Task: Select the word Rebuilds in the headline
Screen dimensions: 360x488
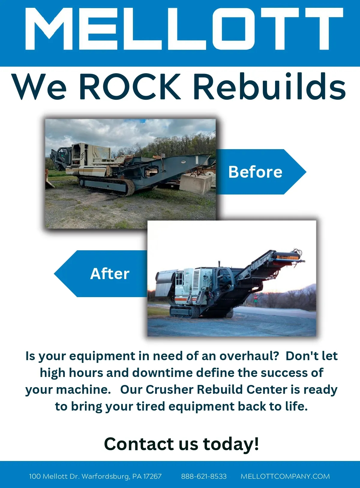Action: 269,86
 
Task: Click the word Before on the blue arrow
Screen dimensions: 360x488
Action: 255,172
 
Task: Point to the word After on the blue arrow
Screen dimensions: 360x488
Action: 110,274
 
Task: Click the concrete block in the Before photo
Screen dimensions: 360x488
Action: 195,183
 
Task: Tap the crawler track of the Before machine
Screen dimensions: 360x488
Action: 107,187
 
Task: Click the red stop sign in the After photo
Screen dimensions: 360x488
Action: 255,297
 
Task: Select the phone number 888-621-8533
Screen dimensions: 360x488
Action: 204,476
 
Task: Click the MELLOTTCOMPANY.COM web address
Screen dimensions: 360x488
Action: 285,476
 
